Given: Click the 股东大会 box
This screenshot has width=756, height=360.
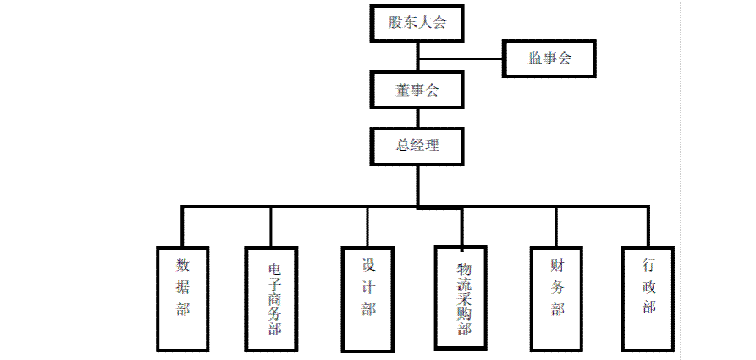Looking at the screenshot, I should [417, 23].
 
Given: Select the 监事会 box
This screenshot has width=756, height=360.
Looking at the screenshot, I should [549, 58].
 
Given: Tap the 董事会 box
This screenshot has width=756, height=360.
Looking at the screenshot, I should [417, 91].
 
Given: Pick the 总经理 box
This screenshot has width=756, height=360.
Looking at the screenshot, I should [417, 145].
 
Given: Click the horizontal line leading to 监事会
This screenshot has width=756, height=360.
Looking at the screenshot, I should [461, 58].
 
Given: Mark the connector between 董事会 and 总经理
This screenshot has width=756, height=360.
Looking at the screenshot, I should [417, 118].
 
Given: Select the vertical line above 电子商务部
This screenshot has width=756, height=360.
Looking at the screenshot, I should [272, 226].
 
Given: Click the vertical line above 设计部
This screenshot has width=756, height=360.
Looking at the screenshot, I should [367, 226].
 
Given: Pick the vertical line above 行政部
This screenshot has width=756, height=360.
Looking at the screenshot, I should [647, 226].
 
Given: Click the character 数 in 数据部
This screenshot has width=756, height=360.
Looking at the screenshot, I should [183, 264].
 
